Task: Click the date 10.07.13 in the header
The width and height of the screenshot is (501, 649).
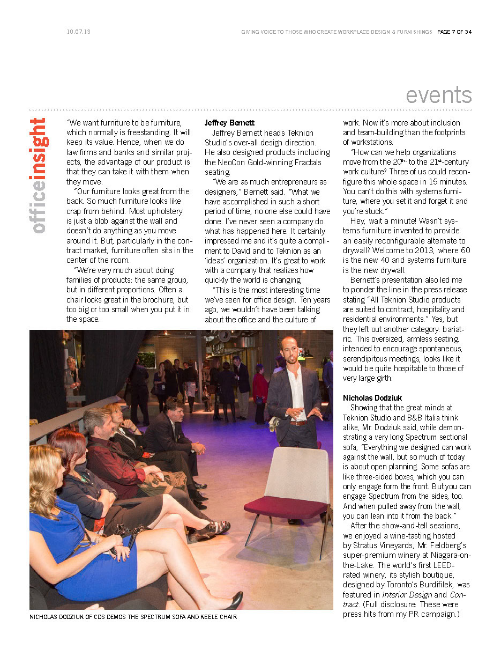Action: pos(79,32)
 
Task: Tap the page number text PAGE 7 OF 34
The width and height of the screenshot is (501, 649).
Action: pos(454,32)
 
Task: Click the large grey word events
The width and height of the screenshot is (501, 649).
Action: pos(438,95)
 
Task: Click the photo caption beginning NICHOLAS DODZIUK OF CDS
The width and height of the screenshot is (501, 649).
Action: pos(133,617)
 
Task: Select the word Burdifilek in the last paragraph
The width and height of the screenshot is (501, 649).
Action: pos(438,585)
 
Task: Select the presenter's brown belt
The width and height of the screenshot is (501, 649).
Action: pos(297,423)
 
